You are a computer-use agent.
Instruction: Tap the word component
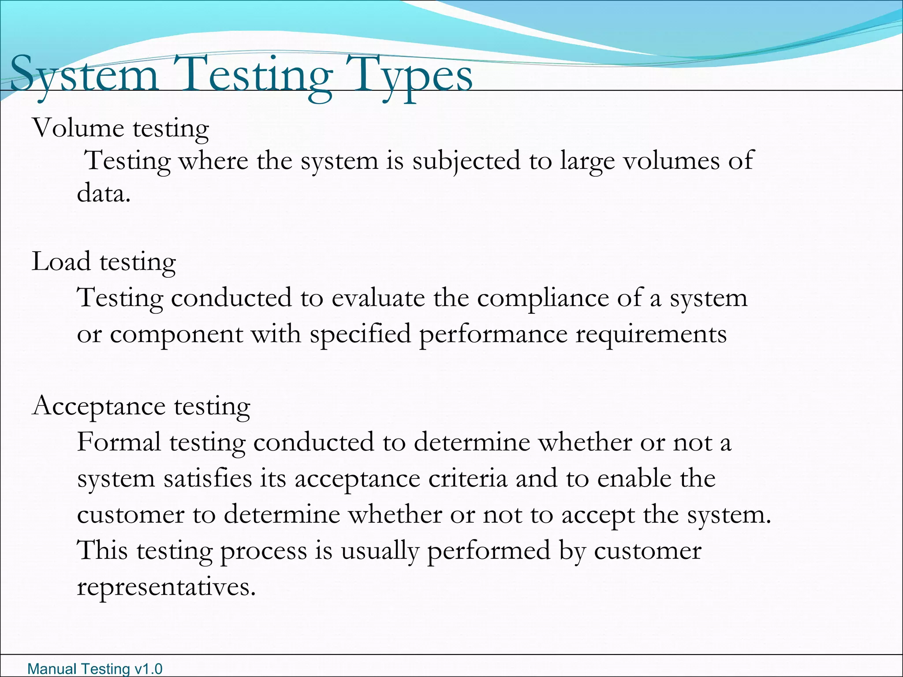(x=176, y=335)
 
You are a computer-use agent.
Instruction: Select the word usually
(x=380, y=551)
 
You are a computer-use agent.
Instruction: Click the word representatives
(x=166, y=587)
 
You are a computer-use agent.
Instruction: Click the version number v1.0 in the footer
(x=148, y=669)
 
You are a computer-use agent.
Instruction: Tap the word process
(x=263, y=551)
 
